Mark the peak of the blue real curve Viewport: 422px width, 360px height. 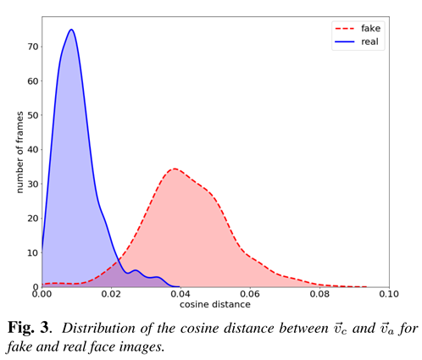[x=71, y=30]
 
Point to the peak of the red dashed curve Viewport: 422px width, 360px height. [x=174, y=169]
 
